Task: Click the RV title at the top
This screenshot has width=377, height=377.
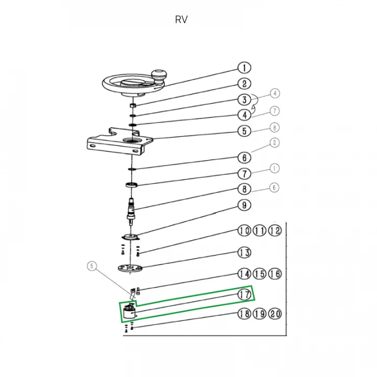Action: (x=181, y=20)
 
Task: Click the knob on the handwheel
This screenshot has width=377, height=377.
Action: (x=159, y=75)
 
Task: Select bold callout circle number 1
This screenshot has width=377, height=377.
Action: (x=244, y=68)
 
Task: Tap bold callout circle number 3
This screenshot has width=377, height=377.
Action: (x=244, y=99)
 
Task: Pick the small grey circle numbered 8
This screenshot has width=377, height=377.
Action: (x=274, y=127)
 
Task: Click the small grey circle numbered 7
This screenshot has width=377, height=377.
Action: (x=274, y=110)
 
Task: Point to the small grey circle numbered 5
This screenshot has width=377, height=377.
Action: (x=93, y=266)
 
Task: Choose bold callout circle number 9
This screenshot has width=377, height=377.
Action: (x=244, y=205)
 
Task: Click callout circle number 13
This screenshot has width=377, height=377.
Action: (x=244, y=253)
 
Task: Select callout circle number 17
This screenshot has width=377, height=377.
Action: (x=244, y=295)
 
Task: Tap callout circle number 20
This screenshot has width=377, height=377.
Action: (x=275, y=314)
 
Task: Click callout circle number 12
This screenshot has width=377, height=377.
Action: (x=275, y=231)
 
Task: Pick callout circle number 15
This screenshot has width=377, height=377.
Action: (x=260, y=274)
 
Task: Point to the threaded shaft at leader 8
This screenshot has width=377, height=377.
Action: (x=130, y=209)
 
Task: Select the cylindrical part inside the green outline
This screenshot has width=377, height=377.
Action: (x=128, y=314)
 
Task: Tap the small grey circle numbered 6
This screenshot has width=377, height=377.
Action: (x=274, y=187)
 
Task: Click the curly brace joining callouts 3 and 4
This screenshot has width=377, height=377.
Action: (x=254, y=103)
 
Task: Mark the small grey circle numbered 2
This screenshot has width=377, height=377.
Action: (x=274, y=142)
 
